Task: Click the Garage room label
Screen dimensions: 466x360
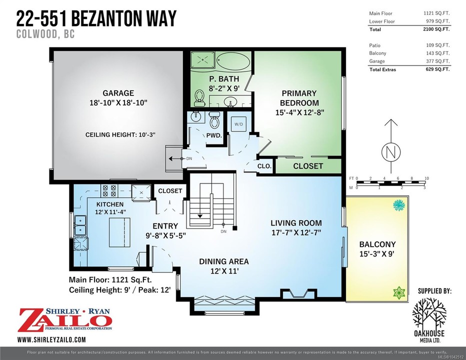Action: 118,93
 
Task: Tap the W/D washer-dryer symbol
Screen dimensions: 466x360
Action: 238,124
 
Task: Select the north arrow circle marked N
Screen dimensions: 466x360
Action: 391,152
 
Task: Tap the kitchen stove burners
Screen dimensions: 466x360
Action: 109,190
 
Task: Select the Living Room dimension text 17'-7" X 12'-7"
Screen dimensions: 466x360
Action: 296,232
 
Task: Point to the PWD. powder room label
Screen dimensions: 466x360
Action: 214,135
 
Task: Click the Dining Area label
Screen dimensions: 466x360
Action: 224,261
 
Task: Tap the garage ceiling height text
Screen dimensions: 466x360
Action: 120,134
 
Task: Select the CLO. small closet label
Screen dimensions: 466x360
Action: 264,166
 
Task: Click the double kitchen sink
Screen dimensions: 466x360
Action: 80,225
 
